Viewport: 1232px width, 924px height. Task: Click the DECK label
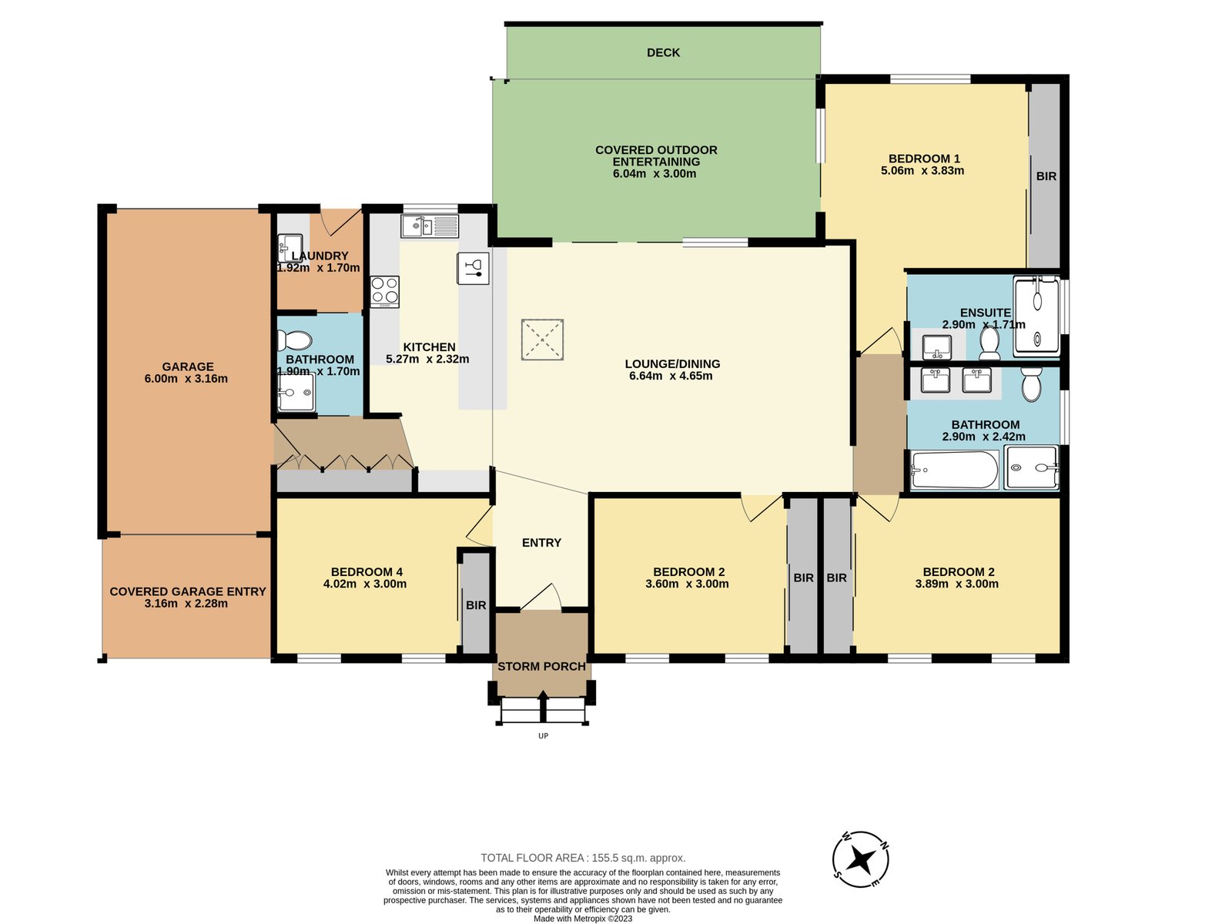(x=663, y=52)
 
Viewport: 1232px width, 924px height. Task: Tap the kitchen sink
(x=430, y=226)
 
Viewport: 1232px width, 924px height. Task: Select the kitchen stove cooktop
(x=384, y=292)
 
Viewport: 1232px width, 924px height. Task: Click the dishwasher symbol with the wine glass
(x=473, y=268)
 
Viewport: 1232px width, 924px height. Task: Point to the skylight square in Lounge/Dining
(x=542, y=340)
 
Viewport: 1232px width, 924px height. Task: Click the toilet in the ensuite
(x=989, y=343)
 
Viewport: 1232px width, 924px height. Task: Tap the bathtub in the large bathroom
(x=955, y=470)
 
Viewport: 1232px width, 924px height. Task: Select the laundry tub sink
(x=290, y=249)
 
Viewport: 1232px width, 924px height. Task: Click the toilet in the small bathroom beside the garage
(x=295, y=340)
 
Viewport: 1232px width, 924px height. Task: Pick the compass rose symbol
(x=860, y=859)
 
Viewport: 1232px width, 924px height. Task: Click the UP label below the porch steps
(x=543, y=735)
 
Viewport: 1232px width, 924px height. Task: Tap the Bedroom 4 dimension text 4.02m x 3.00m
(x=365, y=584)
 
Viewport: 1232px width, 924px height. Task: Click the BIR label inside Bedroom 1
(x=1046, y=176)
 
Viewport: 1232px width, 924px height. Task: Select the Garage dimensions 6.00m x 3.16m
(x=186, y=379)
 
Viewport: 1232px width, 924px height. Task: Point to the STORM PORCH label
(x=541, y=667)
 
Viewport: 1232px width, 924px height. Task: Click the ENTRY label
(x=541, y=543)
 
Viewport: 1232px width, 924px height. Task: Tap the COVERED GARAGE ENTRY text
(x=187, y=592)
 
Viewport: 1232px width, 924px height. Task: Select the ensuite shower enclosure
(x=1036, y=317)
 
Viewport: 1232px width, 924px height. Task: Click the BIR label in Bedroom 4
(x=476, y=605)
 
